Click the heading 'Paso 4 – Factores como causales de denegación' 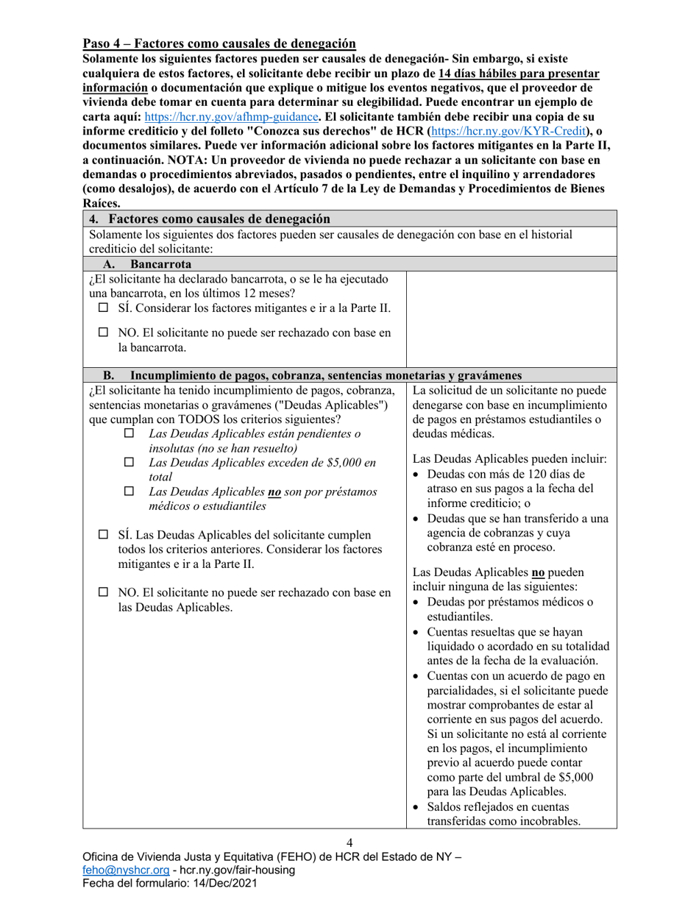[x=219, y=44]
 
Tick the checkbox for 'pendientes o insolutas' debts [x=129, y=434]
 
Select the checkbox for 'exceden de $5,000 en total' [x=129, y=463]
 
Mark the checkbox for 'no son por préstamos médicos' [x=129, y=491]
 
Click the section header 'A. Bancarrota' [x=147, y=264]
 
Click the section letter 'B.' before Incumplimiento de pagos [x=108, y=374]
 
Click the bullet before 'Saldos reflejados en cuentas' [x=417, y=807]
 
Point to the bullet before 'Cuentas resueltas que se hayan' [x=417, y=632]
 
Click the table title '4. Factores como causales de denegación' [x=208, y=219]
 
